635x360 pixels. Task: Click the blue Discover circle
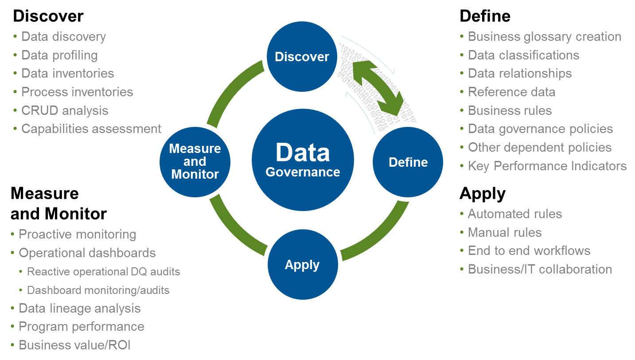[302, 57]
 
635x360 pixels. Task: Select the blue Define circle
[408, 162]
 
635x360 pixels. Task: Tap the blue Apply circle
[302, 265]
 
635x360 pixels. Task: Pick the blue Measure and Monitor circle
[195, 161]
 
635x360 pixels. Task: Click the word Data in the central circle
[303, 153]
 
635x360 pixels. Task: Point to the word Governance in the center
[303, 172]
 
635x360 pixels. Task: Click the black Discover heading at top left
[48, 16]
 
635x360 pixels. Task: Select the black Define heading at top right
[485, 16]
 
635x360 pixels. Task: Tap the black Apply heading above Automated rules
[482, 194]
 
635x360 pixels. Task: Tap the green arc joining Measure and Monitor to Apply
[230, 231]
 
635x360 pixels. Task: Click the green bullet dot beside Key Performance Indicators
[462, 166]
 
